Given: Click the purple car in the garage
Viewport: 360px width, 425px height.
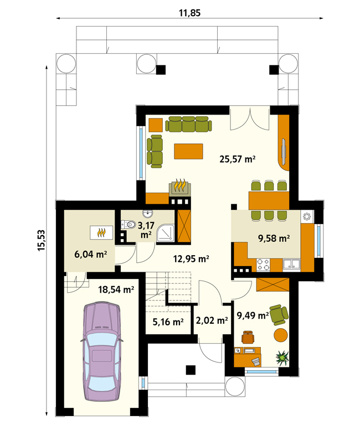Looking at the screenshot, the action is tap(102, 351).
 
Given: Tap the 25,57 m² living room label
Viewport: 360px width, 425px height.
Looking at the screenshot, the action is tap(238, 159).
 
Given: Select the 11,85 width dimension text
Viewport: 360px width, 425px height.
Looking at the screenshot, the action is tap(189, 13).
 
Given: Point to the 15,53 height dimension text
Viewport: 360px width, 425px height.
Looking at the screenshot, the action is tap(41, 240).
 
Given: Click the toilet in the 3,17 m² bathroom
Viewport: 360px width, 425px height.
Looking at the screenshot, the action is tap(128, 225).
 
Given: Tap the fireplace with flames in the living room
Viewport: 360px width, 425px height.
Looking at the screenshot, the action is tap(180, 187).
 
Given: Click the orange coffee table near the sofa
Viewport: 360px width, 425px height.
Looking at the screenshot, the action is tap(188, 151).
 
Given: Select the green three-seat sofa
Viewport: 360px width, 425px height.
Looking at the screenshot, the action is tap(188, 124).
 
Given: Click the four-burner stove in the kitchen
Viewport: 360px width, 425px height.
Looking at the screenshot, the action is tap(264, 265).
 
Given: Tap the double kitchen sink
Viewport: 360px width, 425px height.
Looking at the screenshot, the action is tap(292, 265).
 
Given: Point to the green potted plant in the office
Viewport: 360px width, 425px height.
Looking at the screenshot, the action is tap(282, 358).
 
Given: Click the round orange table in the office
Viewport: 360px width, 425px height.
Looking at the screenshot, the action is tap(280, 335).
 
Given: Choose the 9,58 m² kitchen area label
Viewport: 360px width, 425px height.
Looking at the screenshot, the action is tap(274, 239).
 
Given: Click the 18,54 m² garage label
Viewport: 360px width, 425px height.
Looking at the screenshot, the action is tap(116, 289).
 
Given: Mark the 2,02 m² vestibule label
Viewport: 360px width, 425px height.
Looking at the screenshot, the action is tap(212, 320).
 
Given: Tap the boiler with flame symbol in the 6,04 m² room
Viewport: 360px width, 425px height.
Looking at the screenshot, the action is tap(101, 232).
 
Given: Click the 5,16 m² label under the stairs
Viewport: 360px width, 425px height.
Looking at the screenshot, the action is tap(168, 322).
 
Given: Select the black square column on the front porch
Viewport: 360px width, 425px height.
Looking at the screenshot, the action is tap(191, 370).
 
